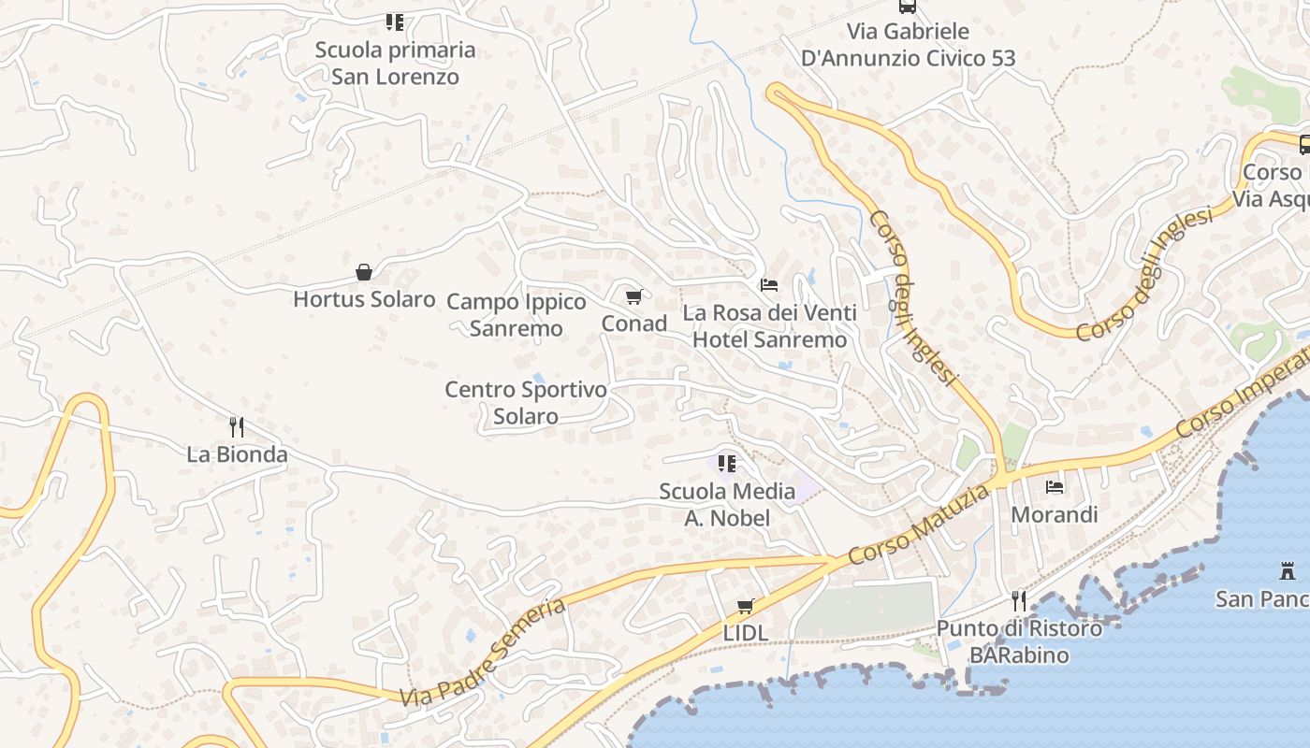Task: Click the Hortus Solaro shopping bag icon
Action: [364, 272]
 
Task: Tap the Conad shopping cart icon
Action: [633, 297]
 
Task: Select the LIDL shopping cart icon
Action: [746, 606]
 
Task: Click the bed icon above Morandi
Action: [1055, 486]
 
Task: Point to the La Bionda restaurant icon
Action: [237, 427]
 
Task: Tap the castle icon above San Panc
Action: [1288, 569]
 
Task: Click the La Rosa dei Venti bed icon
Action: [769, 284]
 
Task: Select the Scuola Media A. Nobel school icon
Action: [727, 463]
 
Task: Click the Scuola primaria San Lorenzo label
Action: [395, 63]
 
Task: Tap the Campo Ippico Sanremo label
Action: [517, 315]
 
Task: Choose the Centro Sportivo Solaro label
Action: [526, 402]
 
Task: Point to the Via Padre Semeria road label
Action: [483, 653]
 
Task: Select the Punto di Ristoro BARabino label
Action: [1019, 641]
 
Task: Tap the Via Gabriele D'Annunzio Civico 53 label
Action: [908, 45]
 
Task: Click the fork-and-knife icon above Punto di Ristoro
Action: [1019, 600]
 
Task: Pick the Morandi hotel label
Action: [1055, 514]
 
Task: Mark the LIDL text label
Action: [746, 633]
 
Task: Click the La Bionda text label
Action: [237, 454]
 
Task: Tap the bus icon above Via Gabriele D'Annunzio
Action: [907, 7]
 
